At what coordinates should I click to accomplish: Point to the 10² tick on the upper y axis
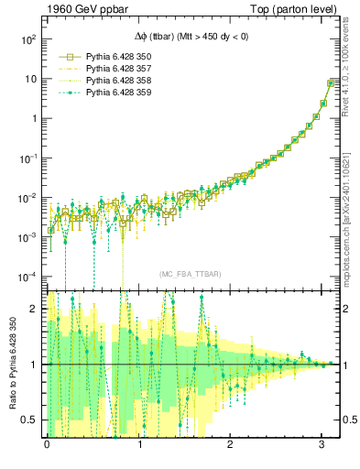coord(28,40)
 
